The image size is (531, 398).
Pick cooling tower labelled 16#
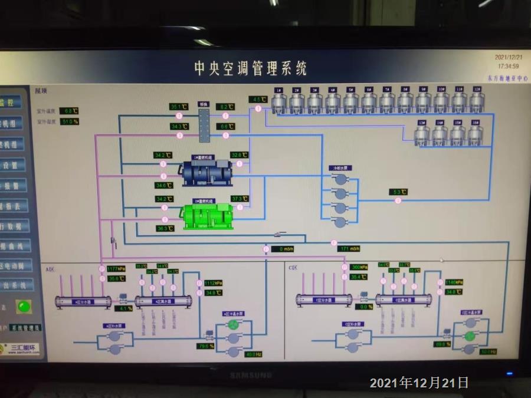476,135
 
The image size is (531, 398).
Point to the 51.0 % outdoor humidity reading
70,121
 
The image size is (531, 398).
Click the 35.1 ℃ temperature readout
179,107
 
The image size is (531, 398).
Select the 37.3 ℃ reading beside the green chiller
237,199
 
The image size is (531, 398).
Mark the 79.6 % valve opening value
206,346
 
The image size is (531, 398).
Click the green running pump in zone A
234,324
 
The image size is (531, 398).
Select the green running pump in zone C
470,335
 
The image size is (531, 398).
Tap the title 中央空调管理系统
251,68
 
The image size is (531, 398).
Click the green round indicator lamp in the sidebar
24,307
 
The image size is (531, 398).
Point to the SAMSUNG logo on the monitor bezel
251,374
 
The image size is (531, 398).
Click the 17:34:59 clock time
508,66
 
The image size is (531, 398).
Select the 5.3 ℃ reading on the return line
399,192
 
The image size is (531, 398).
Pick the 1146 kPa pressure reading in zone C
453,282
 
